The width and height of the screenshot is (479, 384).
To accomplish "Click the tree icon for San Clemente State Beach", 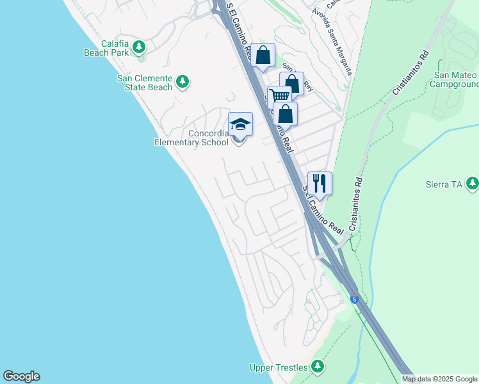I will tap(183, 81).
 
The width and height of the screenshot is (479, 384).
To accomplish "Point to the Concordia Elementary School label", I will tap(191, 138).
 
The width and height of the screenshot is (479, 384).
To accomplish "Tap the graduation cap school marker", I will tap(240, 124).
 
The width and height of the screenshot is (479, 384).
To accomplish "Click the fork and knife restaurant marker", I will tap(320, 183).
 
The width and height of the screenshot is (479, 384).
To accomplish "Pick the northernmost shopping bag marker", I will tap(263, 55).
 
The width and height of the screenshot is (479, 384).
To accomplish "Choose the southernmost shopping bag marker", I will tap(286, 114).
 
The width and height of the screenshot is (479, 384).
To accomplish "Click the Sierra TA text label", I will tap(444, 184).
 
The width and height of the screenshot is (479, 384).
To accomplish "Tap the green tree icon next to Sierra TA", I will tap(473, 184).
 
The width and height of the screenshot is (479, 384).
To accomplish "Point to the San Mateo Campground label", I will tap(455, 79).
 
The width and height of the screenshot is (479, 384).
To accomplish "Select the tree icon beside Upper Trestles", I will tap(317, 367).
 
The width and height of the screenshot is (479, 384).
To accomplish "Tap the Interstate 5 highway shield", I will tap(355, 299).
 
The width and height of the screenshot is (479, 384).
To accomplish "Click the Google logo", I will tap(21, 376).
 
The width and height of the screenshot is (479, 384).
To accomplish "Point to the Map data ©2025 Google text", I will tap(439, 379).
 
